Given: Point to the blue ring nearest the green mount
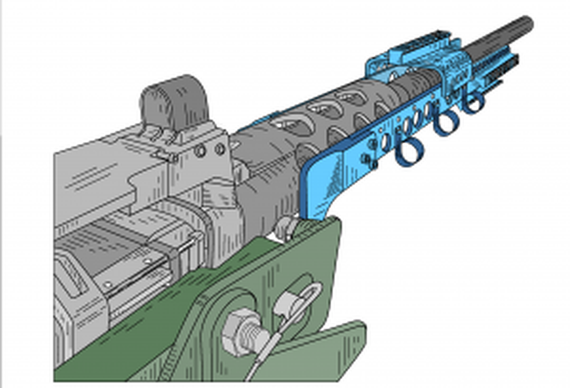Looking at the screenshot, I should (408, 152).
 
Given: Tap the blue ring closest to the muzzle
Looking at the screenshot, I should (473, 103).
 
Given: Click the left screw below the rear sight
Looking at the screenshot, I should (200, 151).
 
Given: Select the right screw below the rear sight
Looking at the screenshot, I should (220, 149).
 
